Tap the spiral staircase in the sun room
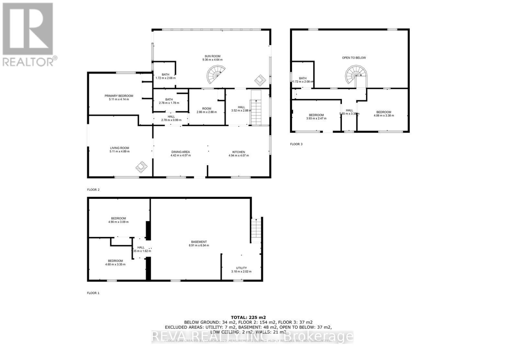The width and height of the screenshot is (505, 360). [216, 73]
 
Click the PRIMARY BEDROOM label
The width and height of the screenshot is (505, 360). [118, 96]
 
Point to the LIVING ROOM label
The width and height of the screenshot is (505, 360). [119, 148]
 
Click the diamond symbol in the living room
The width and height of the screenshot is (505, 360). [142, 167]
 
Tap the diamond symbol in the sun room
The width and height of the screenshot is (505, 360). [260, 79]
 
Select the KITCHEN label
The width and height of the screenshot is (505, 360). [239, 152]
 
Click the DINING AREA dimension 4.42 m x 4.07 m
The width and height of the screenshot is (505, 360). [181, 155]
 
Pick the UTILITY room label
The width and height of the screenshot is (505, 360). [241, 268]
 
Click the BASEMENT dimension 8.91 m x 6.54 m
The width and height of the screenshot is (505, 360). [199, 245]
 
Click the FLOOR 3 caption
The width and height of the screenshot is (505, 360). [296, 144]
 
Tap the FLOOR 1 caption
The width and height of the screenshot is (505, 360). [93, 293]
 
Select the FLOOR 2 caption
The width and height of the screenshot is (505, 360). [93, 190]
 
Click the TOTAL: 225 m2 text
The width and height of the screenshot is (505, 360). [248, 317]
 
